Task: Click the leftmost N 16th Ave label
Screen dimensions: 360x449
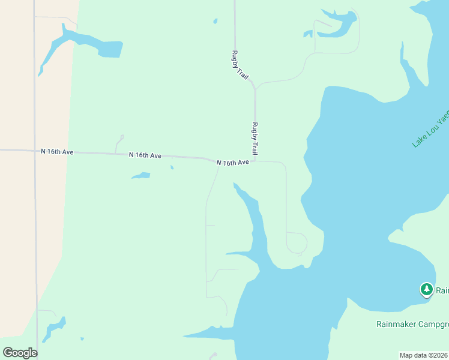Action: click(57, 152)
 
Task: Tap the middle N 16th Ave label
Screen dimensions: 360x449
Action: click(145, 155)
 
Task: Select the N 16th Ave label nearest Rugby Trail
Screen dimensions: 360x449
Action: click(232, 163)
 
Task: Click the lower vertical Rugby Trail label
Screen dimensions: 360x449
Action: click(255, 139)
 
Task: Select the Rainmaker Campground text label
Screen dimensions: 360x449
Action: click(412, 325)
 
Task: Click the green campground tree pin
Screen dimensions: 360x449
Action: click(427, 290)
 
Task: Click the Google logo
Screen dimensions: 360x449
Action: click(20, 353)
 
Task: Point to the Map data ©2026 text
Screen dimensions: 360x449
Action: click(424, 355)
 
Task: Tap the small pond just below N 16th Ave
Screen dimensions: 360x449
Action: click(140, 176)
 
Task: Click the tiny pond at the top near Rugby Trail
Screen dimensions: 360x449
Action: click(215, 22)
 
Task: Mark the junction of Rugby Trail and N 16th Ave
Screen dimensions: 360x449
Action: click(255, 160)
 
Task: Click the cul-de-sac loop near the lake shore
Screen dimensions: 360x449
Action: click(297, 244)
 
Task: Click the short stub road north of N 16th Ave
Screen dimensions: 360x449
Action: click(118, 144)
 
